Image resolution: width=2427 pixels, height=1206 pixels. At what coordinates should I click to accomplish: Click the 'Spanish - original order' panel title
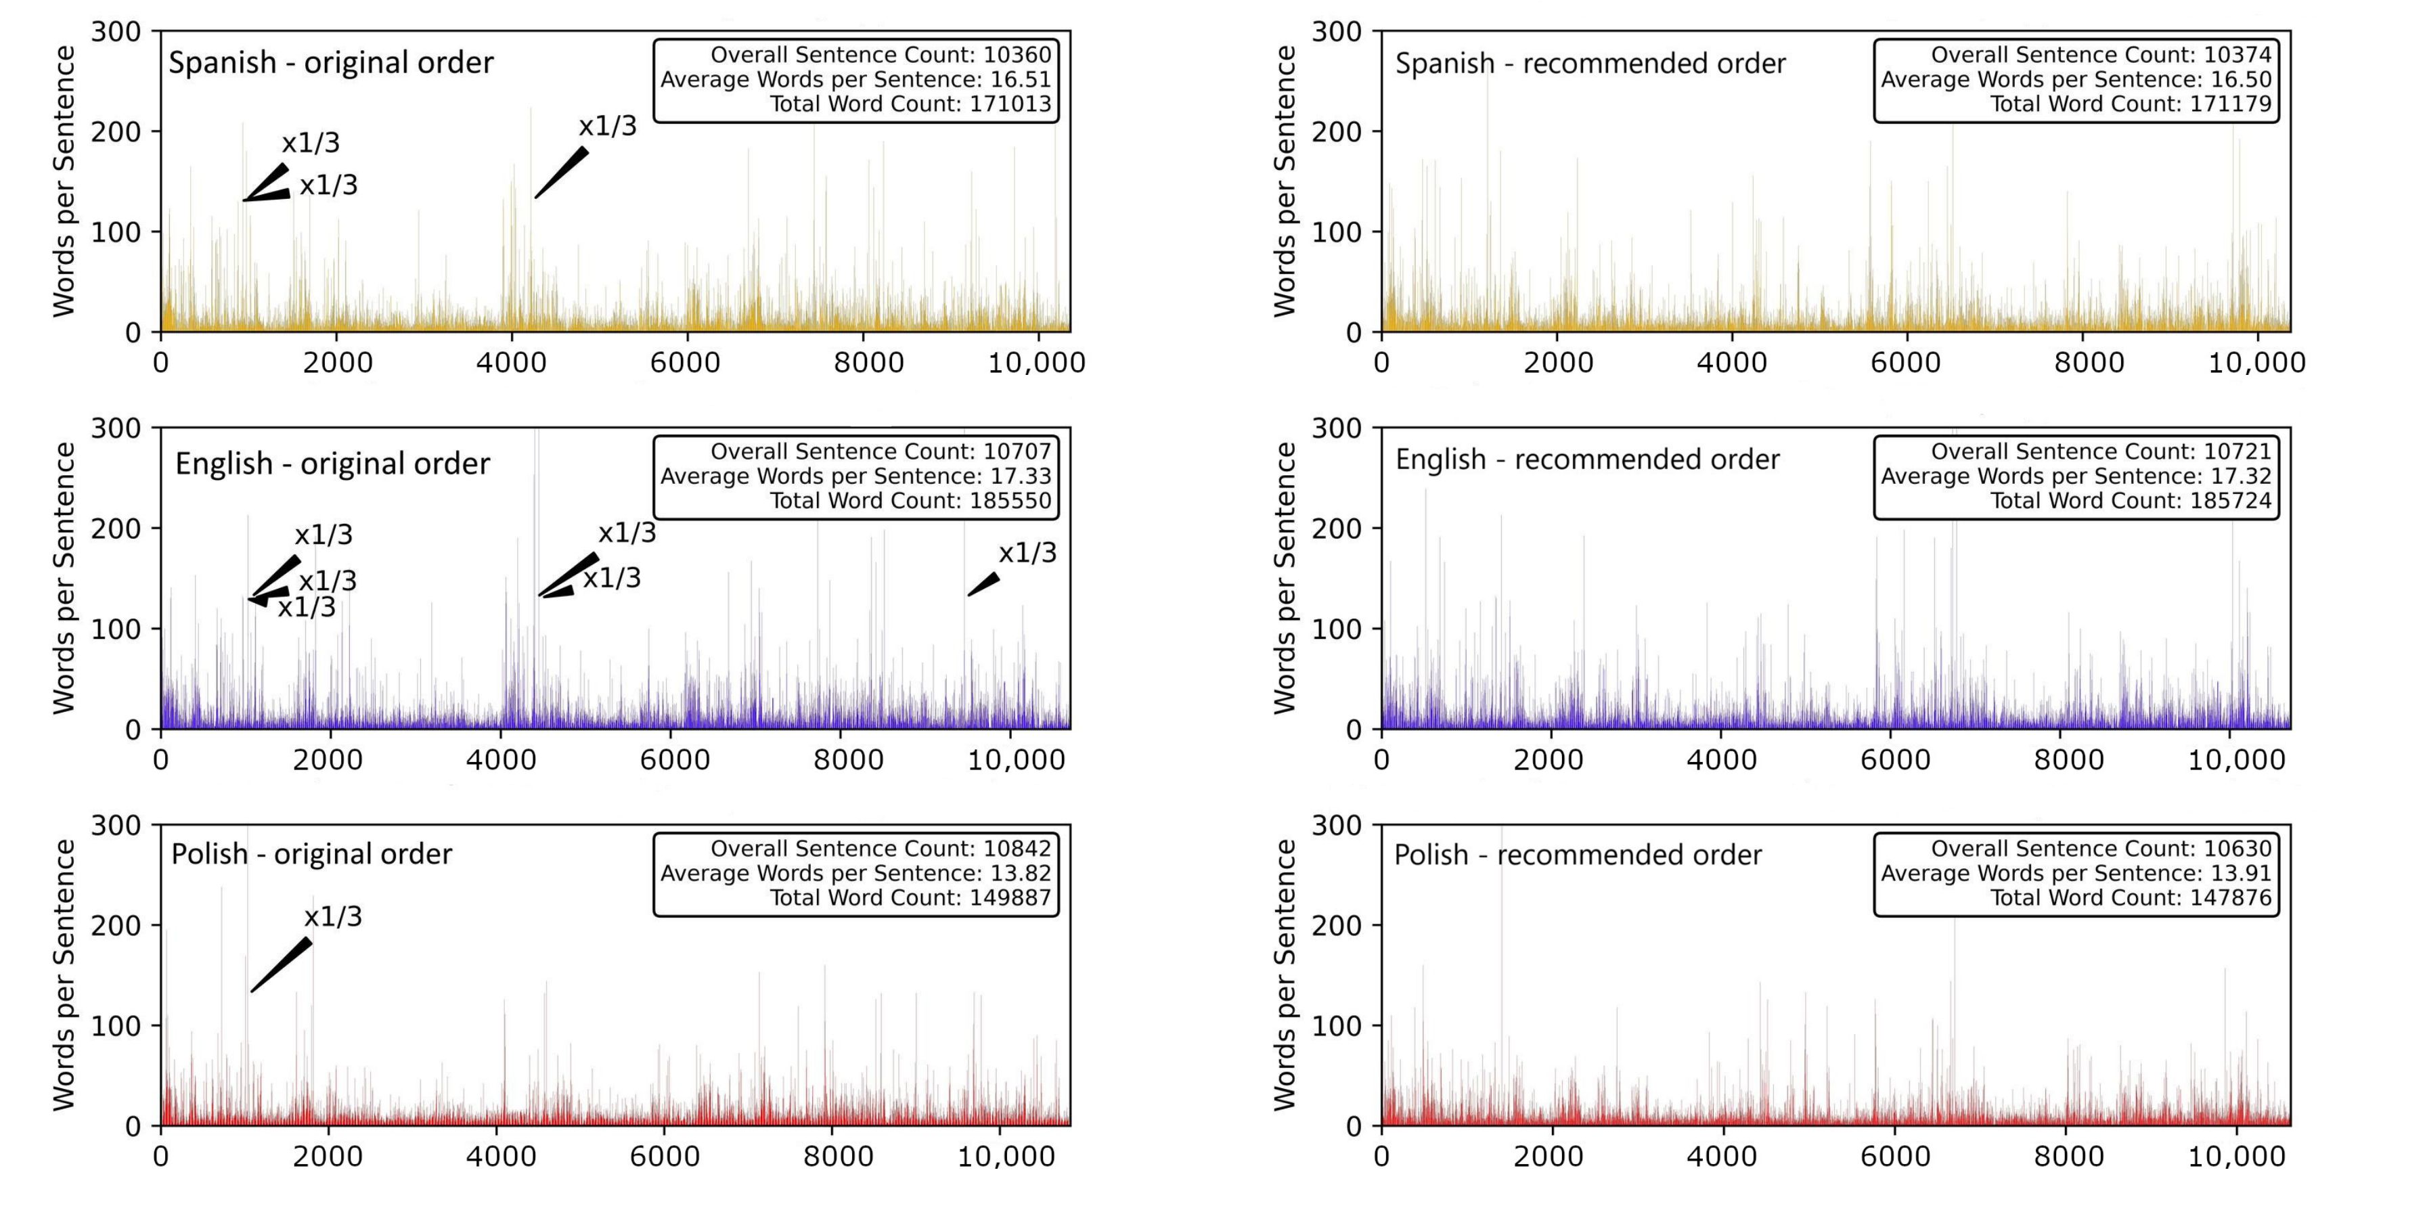click(331, 63)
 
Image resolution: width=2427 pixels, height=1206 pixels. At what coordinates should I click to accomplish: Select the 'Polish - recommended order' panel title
click(1577, 855)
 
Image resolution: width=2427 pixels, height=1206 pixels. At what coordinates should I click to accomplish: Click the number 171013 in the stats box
click(1010, 104)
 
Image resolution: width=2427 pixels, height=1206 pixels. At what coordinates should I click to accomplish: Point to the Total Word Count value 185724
click(2231, 500)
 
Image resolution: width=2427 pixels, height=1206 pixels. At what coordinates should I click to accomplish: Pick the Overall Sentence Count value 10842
click(1017, 848)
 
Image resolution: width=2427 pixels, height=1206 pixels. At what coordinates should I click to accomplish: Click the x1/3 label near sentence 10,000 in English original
click(1027, 553)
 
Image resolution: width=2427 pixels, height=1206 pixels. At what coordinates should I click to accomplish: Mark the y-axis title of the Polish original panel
click(64, 975)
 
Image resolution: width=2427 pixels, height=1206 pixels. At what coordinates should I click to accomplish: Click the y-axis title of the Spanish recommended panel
click(1284, 181)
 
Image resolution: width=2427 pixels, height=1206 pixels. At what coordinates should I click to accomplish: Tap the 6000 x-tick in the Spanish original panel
click(685, 363)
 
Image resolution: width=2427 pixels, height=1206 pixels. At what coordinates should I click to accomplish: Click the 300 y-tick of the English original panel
click(115, 428)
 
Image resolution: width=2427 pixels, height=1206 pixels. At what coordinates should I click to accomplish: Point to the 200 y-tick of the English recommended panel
click(1336, 529)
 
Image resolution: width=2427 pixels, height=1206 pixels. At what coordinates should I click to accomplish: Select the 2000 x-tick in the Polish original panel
click(327, 1156)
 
